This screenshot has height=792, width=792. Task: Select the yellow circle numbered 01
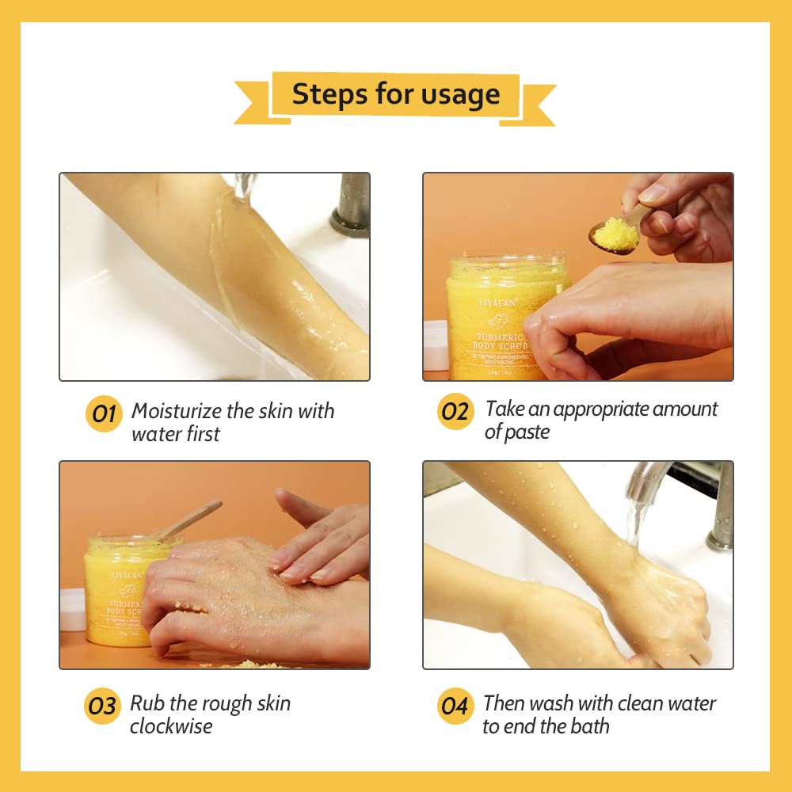(x=104, y=414)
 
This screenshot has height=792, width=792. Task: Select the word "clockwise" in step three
(x=171, y=726)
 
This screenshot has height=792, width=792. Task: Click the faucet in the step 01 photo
(x=351, y=204)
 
